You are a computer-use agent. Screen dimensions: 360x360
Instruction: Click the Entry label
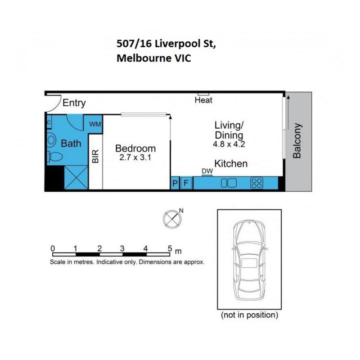click(74, 103)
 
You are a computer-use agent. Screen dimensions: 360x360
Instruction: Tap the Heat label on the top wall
click(203, 100)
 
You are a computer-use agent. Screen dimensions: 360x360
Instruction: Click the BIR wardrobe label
click(95, 156)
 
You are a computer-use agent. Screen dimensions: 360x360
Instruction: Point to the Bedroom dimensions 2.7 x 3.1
click(135, 157)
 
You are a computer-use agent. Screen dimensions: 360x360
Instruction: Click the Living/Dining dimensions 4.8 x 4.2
click(229, 144)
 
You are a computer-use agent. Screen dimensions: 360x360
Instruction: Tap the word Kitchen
click(231, 164)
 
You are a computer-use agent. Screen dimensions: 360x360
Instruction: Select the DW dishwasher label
click(207, 171)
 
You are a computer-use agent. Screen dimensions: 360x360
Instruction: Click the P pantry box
click(175, 183)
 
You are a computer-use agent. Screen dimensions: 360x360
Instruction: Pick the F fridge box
click(186, 183)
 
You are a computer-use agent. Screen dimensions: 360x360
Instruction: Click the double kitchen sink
click(229, 183)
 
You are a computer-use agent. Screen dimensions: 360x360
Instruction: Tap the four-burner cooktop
click(256, 183)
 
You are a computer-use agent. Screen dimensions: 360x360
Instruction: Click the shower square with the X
click(76, 177)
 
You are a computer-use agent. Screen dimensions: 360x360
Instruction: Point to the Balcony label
click(297, 141)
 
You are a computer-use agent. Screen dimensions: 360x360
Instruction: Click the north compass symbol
click(172, 219)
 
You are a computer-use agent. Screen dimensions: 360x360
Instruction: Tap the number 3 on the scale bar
click(122, 248)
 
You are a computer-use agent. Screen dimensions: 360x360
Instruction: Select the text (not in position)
click(249, 315)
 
